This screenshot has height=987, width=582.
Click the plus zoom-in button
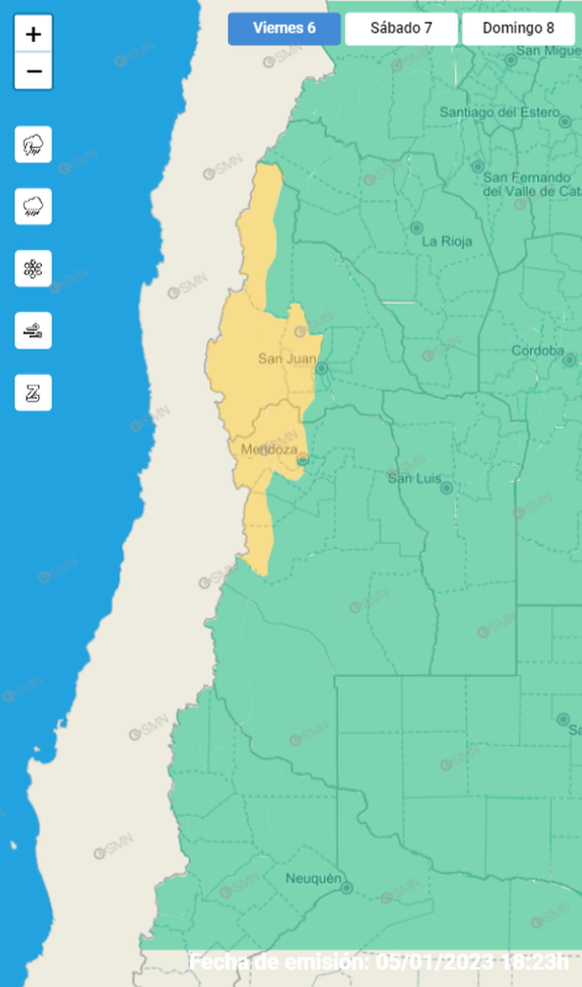click(x=33, y=35)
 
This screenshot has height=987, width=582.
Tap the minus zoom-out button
click(x=33, y=72)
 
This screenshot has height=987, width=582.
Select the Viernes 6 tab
click(x=283, y=29)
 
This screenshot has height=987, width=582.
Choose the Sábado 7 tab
click(x=401, y=29)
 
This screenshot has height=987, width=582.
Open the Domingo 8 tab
click(x=518, y=29)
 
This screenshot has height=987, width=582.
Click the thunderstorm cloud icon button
click(x=33, y=144)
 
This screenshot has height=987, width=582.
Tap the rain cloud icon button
click(x=33, y=206)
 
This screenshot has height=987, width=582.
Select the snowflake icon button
click(x=33, y=268)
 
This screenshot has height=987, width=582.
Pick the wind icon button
click(x=33, y=330)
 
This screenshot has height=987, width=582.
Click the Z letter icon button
click(x=33, y=392)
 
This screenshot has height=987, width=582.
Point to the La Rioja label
click(x=447, y=241)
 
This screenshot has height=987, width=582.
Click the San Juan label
click(x=286, y=359)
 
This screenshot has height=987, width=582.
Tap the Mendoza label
click(x=269, y=450)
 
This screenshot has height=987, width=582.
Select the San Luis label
click(x=412, y=477)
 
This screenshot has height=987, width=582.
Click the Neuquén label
click(x=313, y=878)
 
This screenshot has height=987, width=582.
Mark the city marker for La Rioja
click(x=416, y=228)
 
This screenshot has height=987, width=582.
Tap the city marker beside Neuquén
click(x=346, y=888)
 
